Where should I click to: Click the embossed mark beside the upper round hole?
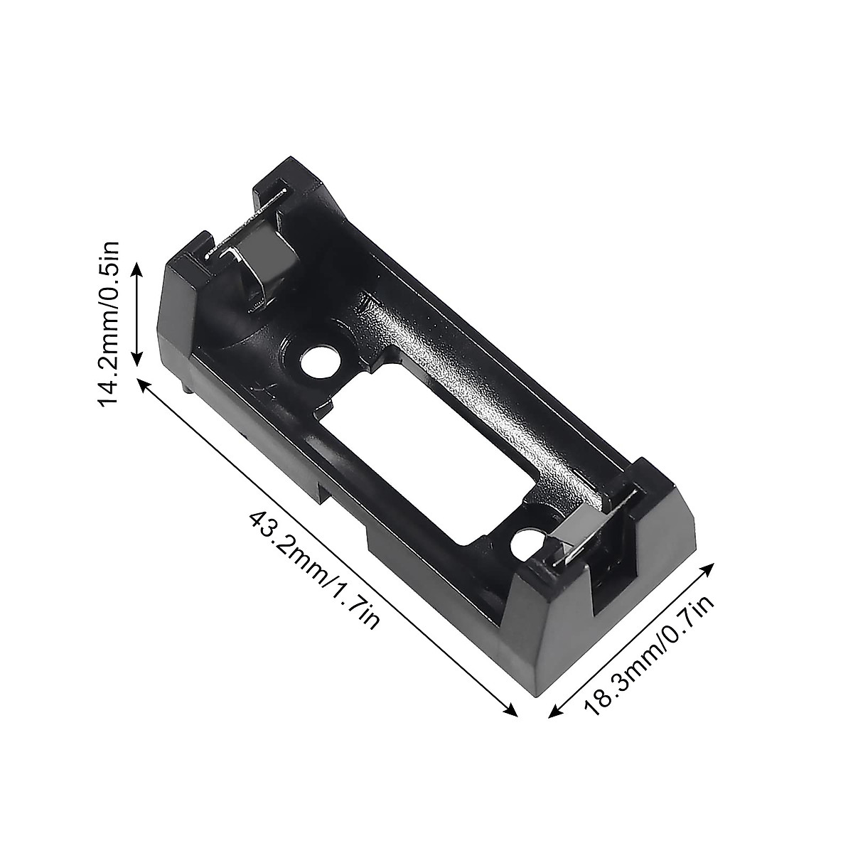coord(257,390)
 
